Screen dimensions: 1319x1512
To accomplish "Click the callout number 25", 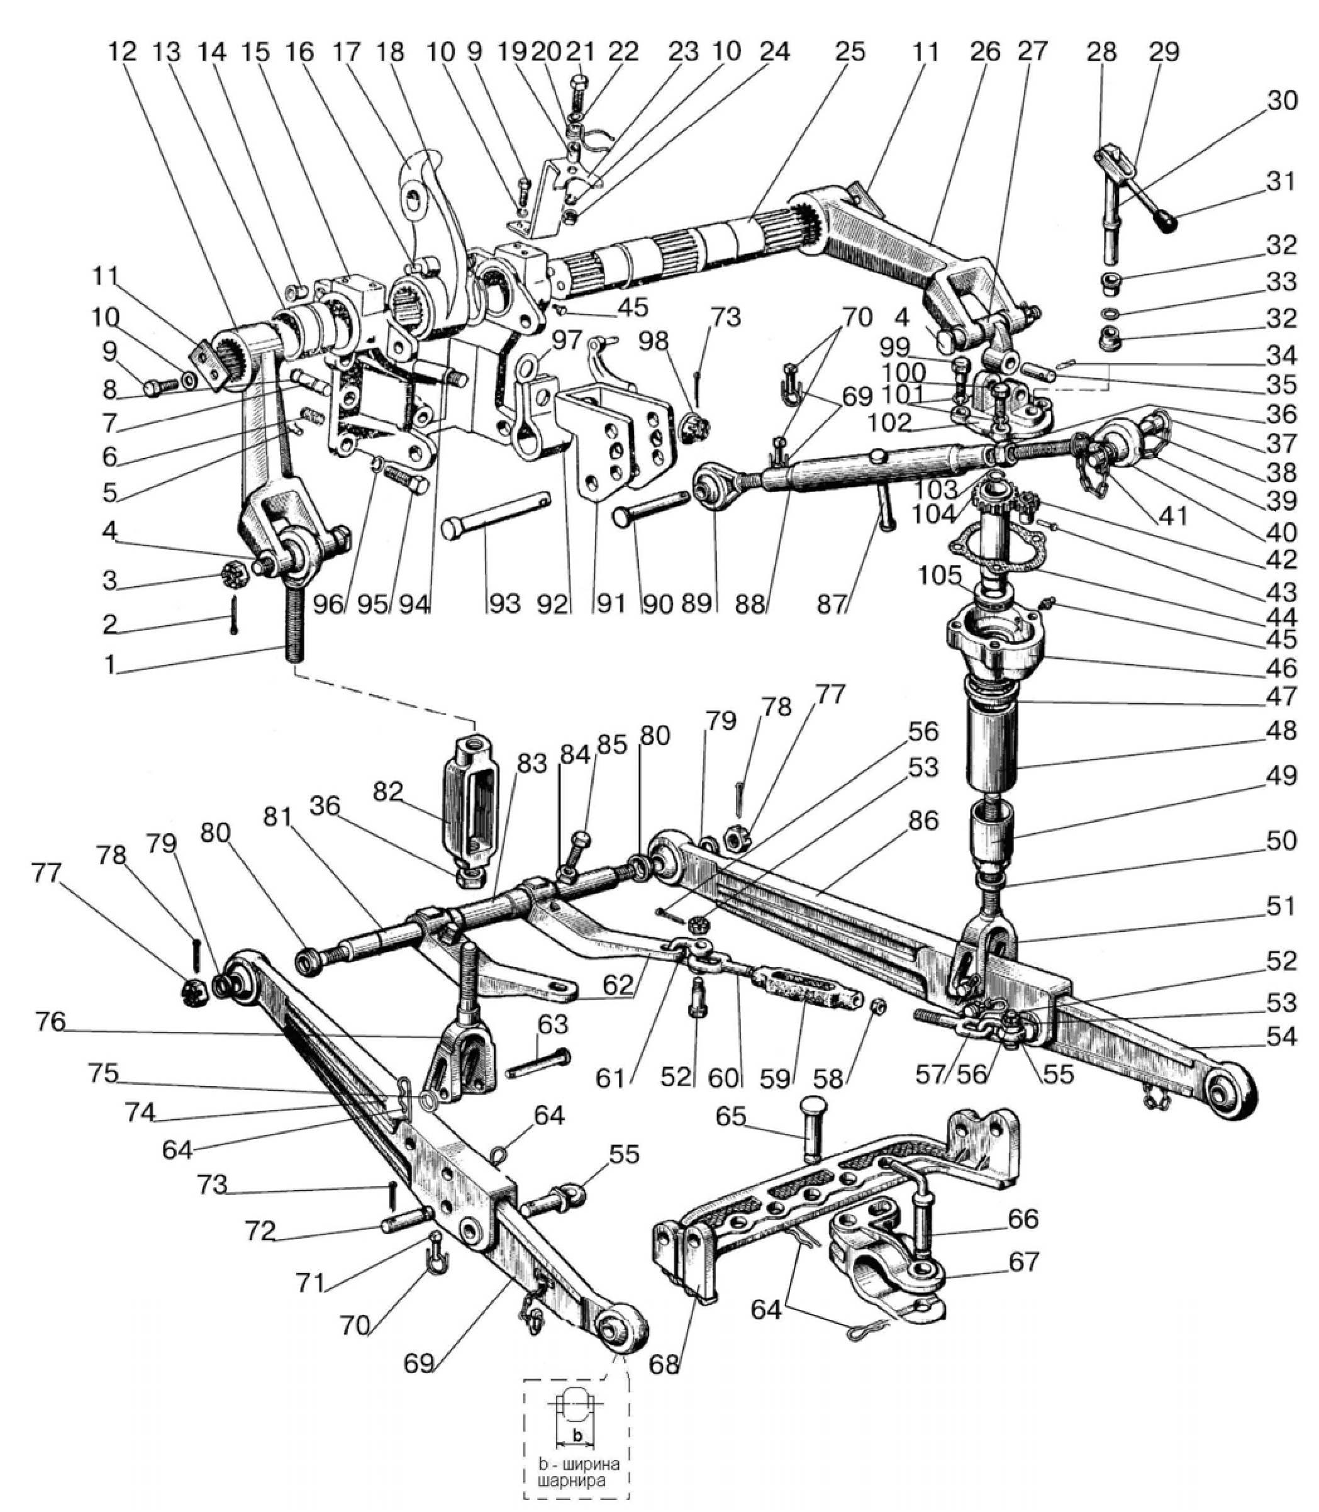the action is coord(849,53).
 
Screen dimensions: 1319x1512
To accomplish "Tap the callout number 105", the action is coord(939,573).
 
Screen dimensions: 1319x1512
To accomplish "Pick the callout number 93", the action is coord(503,604).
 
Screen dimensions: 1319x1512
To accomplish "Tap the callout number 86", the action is coord(924,820).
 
